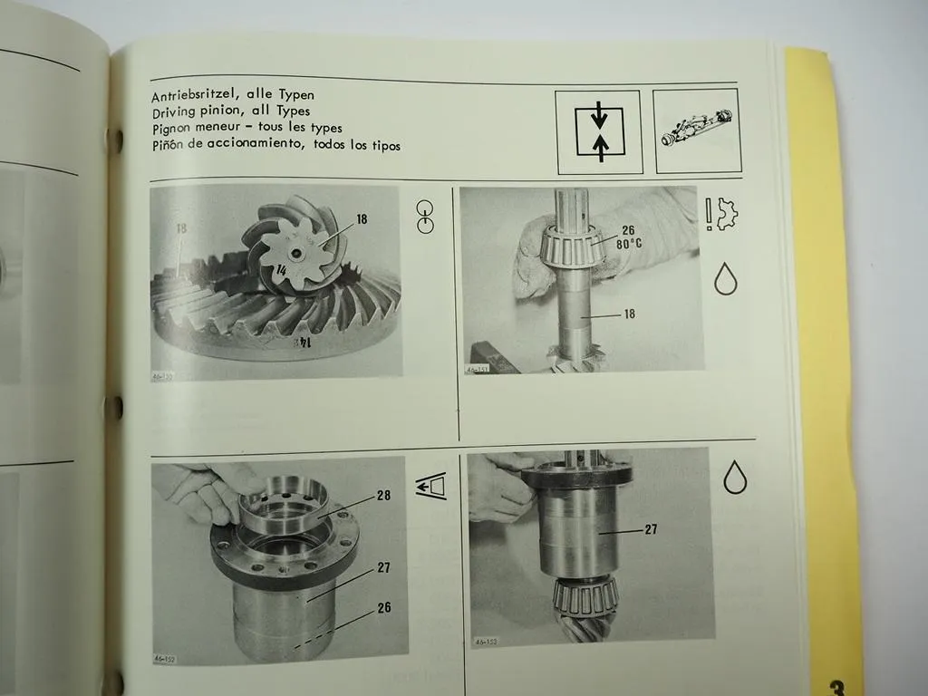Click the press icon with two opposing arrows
(599, 132)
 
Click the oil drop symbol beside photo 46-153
(735, 478)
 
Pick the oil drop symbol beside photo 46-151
(726, 279)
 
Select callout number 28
(383, 497)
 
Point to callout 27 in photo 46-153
(651, 530)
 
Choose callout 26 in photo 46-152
(383, 607)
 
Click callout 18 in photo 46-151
(628, 314)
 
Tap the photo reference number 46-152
(166, 659)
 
